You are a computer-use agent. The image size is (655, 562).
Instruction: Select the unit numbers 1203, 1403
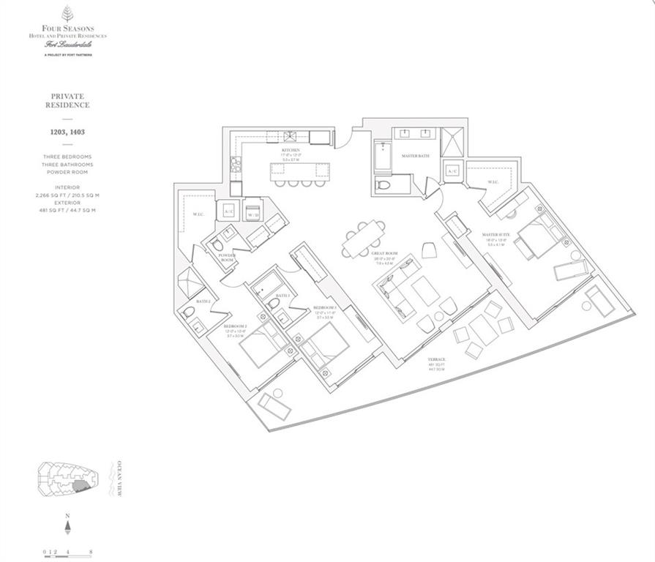(x=67, y=133)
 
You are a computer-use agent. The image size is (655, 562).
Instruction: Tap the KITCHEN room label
(x=291, y=151)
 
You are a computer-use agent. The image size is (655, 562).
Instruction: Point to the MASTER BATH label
(x=414, y=156)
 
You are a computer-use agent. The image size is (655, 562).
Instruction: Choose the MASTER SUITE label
(x=495, y=235)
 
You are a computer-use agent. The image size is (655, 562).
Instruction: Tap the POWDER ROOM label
(x=228, y=258)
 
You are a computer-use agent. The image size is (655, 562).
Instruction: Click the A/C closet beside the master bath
(x=451, y=171)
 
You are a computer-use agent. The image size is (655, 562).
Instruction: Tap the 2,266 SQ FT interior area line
(x=67, y=195)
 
